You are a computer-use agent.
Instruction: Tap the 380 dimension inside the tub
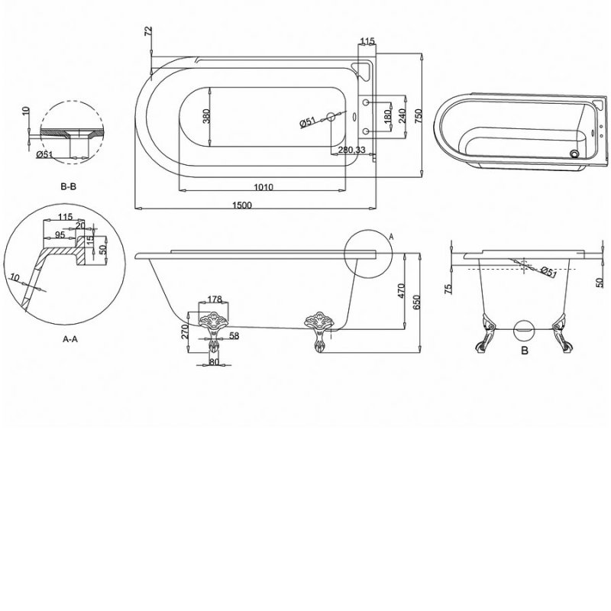pyautogui.click(x=206, y=116)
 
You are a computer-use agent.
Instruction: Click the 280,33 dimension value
pyautogui.click(x=351, y=150)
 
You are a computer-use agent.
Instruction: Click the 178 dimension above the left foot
pyautogui.click(x=214, y=298)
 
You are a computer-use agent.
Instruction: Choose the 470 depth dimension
pyautogui.click(x=401, y=291)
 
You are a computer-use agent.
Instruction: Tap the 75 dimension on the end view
pyautogui.click(x=448, y=288)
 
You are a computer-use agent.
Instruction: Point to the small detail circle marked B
pyautogui.click(x=524, y=330)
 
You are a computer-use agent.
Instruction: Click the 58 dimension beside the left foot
pyautogui.click(x=233, y=336)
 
